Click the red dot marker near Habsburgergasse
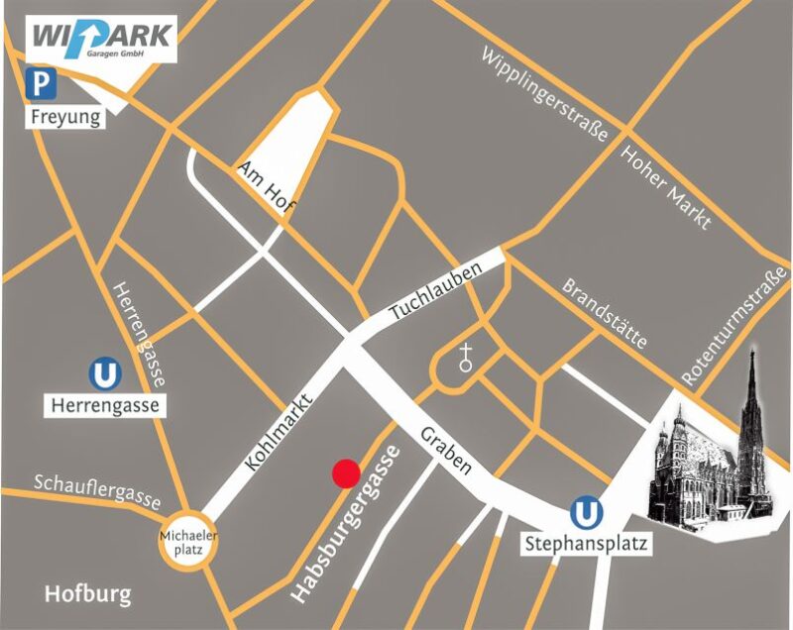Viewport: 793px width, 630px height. (x=345, y=473)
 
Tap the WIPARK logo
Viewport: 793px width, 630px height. (x=103, y=39)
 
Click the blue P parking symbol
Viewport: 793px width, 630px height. (x=41, y=85)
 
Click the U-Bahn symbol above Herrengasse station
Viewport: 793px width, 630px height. (x=104, y=375)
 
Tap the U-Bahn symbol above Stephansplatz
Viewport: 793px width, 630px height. (x=586, y=513)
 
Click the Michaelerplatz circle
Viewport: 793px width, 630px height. (x=188, y=544)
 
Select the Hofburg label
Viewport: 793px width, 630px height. (x=87, y=594)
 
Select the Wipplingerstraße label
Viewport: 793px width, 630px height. (x=544, y=96)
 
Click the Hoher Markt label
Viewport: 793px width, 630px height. (x=666, y=187)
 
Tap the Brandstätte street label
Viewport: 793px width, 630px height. (x=605, y=313)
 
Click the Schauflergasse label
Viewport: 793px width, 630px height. (x=97, y=490)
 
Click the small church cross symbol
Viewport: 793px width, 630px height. (x=466, y=358)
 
